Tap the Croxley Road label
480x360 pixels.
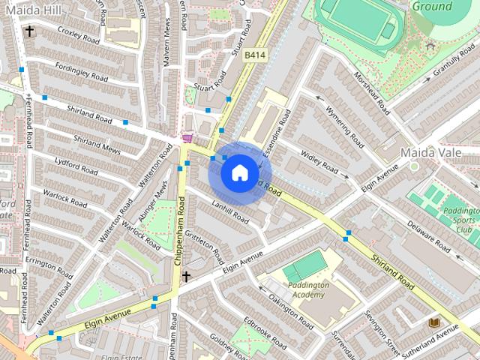pos(79,36)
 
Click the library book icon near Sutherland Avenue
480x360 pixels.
pos(433,322)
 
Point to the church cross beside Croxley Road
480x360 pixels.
pos(29,31)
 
